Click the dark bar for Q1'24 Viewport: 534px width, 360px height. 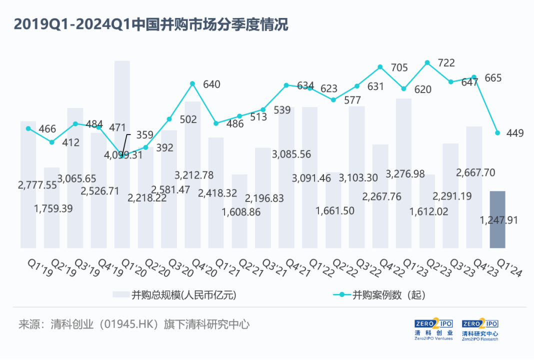click(497, 219)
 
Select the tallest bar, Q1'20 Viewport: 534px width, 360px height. click(122, 154)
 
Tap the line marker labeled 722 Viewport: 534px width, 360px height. click(427, 62)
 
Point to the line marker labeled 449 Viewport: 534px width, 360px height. click(497, 133)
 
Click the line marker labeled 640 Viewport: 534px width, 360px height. click(192, 84)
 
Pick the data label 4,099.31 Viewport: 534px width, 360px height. click(123, 155)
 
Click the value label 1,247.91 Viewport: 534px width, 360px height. click(499, 220)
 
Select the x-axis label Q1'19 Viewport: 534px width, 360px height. click(40, 267)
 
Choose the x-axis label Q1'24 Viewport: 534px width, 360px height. click(509, 267)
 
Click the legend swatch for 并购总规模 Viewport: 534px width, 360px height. click(121, 294)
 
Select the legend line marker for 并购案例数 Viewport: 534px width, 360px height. click(342, 294)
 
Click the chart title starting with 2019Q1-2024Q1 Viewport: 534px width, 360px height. click(151, 24)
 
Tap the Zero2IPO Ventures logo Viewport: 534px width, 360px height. click(433, 329)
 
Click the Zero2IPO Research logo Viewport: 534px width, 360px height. click(480, 329)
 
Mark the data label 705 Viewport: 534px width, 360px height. click(399, 68)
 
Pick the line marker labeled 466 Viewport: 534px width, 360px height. click(28, 128)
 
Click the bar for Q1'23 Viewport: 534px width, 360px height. click(403, 173)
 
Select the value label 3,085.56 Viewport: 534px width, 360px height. click(291, 154)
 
